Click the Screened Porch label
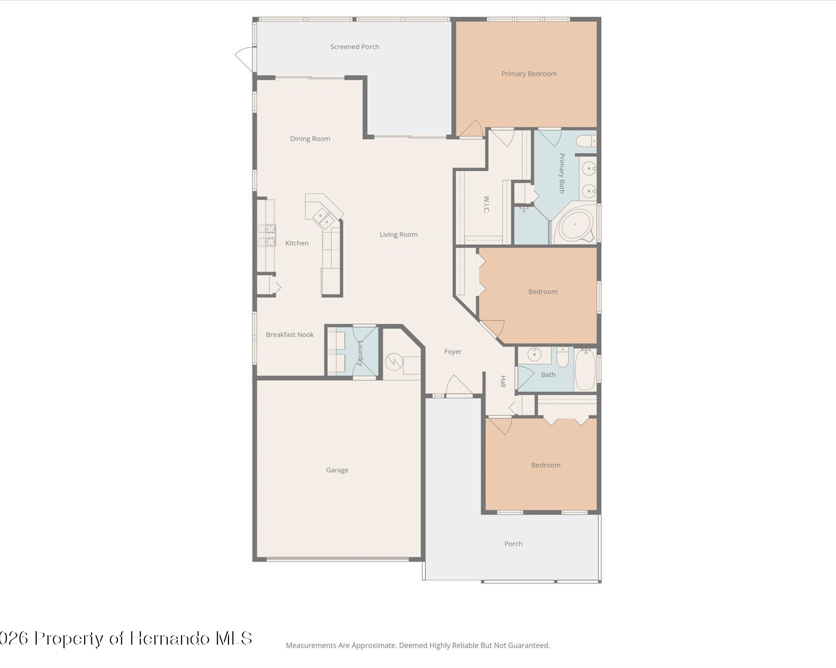[354, 47]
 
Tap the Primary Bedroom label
[529, 73]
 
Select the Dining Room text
[310, 139]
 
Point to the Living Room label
[398, 234]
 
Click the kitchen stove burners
[266, 235]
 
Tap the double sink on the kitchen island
[323, 219]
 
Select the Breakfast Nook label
[289, 335]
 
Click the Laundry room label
[360, 353]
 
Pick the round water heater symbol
[393, 362]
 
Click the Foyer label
[453, 351]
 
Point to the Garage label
[337, 470]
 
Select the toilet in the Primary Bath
[586, 141]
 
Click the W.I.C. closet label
[486, 204]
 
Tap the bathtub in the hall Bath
[585, 370]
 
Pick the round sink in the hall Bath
[534, 354]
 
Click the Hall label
[503, 381]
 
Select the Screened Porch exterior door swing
[244, 58]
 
